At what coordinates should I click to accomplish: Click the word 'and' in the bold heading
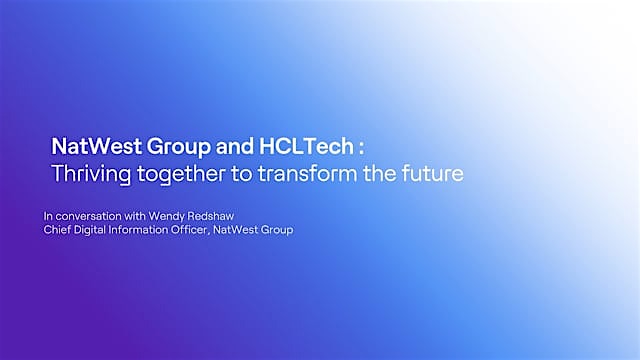pos(227,147)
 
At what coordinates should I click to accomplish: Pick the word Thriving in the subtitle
pos(91,173)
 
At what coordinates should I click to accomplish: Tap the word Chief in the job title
pos(59,231)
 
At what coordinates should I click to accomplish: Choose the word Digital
pos(97,231)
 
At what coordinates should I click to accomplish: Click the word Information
pos(151,231)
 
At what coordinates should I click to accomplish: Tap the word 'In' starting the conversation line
pos(47,216)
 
